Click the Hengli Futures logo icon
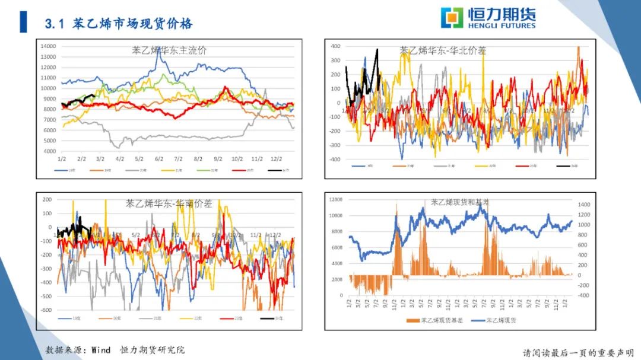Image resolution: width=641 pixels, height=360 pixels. (x=452, y=18)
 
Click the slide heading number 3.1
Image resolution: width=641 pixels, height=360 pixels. (x=54, y=24)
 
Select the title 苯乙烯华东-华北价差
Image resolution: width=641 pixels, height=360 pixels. (x=442, y=51)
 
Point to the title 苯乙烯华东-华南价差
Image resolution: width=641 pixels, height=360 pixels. (x=168, y=203)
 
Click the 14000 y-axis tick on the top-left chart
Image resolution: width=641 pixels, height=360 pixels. (x=48, y=46)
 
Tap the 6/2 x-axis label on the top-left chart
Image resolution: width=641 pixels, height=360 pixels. (x=158, y=159)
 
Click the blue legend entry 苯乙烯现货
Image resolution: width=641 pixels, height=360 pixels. (x=494, y=321)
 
